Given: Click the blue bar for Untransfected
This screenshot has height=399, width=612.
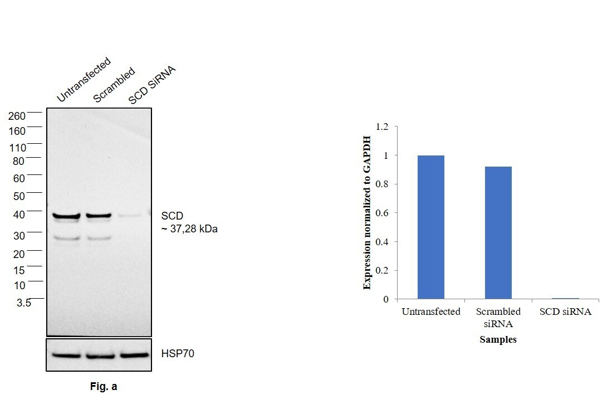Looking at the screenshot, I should (430, 227).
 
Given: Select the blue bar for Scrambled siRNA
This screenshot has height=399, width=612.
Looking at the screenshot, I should (498, 232).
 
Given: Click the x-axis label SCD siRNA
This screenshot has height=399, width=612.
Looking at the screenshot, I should (565, 312).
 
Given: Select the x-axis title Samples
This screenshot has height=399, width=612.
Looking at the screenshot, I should (498, 339).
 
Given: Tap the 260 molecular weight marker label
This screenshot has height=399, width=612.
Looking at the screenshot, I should (17, 116).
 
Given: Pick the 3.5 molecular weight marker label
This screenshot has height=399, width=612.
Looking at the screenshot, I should (23, 303).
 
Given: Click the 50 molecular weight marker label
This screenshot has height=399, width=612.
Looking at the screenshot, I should (19, 196).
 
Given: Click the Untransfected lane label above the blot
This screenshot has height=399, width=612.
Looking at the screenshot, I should (84, 80).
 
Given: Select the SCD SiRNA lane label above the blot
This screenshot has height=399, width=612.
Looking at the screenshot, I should (152, 85).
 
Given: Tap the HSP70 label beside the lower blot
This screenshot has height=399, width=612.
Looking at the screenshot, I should (178, 353).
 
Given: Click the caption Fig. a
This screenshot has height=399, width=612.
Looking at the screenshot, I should (104, 386).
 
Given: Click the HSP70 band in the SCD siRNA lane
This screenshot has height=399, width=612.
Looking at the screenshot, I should (134, 354).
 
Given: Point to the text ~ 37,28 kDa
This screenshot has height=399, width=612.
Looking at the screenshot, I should (189, 228).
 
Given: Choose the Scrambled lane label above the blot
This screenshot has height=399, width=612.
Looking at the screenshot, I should (114, 85).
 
